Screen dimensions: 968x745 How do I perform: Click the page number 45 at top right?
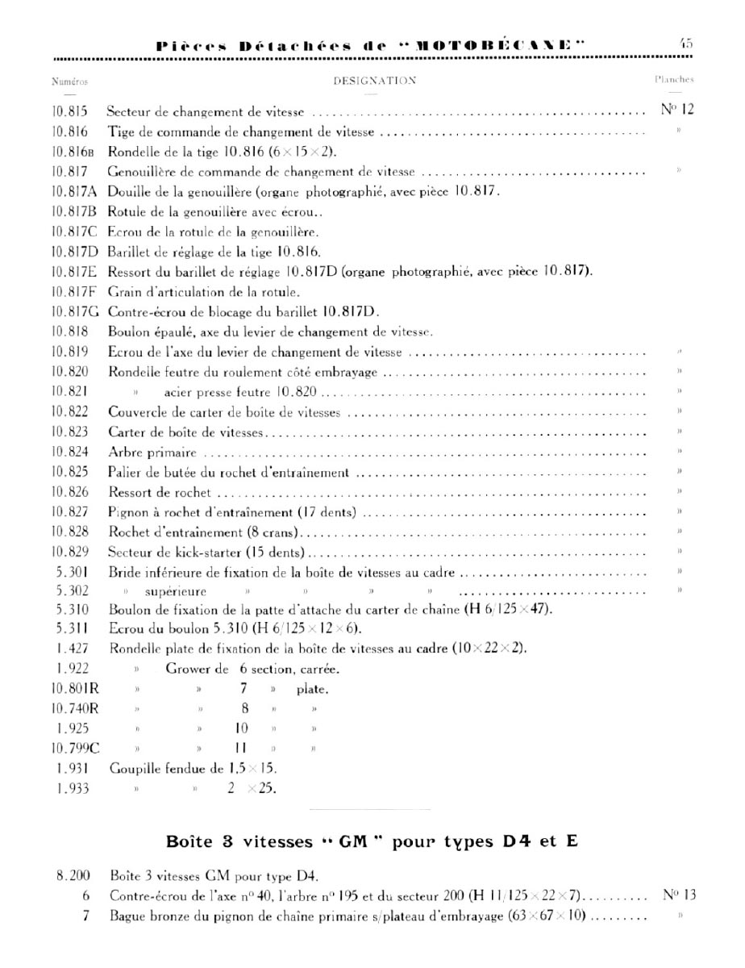[685, 44]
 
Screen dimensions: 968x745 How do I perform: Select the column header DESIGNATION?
[375, 81]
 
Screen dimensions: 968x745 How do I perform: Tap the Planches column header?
[674, 80]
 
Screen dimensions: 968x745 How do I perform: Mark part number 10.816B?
[72, 152]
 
